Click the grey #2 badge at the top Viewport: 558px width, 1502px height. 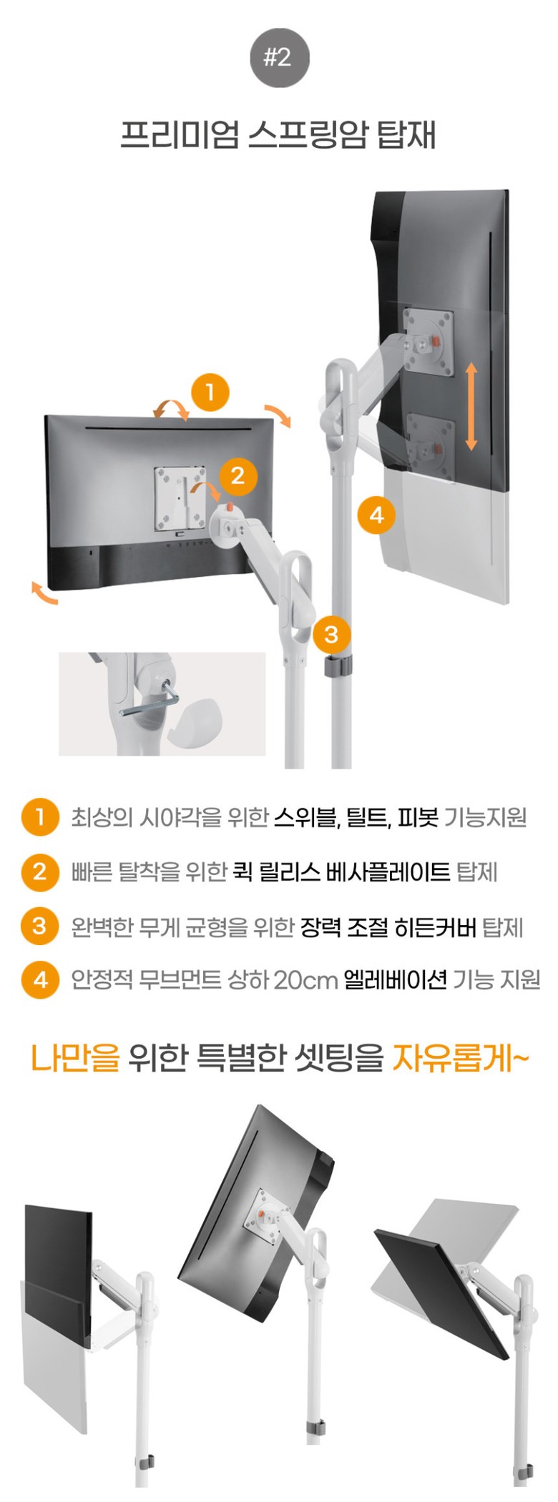[x=279, y=58]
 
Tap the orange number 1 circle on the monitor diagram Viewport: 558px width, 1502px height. [x=210, y=392]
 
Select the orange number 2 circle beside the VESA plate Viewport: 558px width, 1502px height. [x=238, y=475]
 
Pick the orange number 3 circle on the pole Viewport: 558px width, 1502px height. [x=331, y=634]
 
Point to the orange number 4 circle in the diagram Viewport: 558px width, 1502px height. [x=376, y=515]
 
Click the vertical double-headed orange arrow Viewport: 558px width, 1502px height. [x=471, y=406]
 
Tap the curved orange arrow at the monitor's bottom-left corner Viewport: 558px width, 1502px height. [x=44, y=593]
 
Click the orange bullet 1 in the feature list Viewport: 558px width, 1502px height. [x=39, y=817]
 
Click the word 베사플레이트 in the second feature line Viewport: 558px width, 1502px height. [x=388, y=872]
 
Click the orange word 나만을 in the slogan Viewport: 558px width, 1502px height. [x=75, y=1058]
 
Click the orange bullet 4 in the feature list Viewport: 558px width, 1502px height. [x=39, y=980]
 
